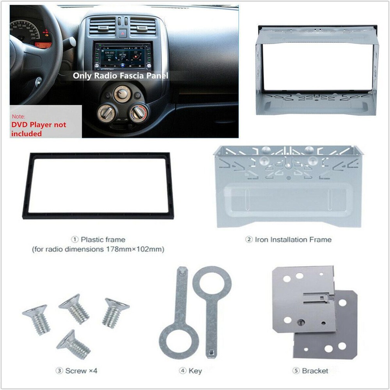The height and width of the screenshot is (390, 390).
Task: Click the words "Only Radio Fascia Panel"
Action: tap(121, 76)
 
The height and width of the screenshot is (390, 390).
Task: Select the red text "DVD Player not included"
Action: tap(39, 129)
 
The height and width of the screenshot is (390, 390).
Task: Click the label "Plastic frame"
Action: tap(103, 239)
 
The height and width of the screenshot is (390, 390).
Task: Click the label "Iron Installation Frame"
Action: tap(293, 239)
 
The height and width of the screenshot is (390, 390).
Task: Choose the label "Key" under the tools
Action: tap(195, 370)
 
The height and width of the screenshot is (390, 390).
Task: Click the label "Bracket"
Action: tap(315, 370)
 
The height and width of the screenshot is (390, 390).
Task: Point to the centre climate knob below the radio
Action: tap(122, 95)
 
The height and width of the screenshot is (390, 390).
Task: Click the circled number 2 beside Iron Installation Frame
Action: tap(249, 239)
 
